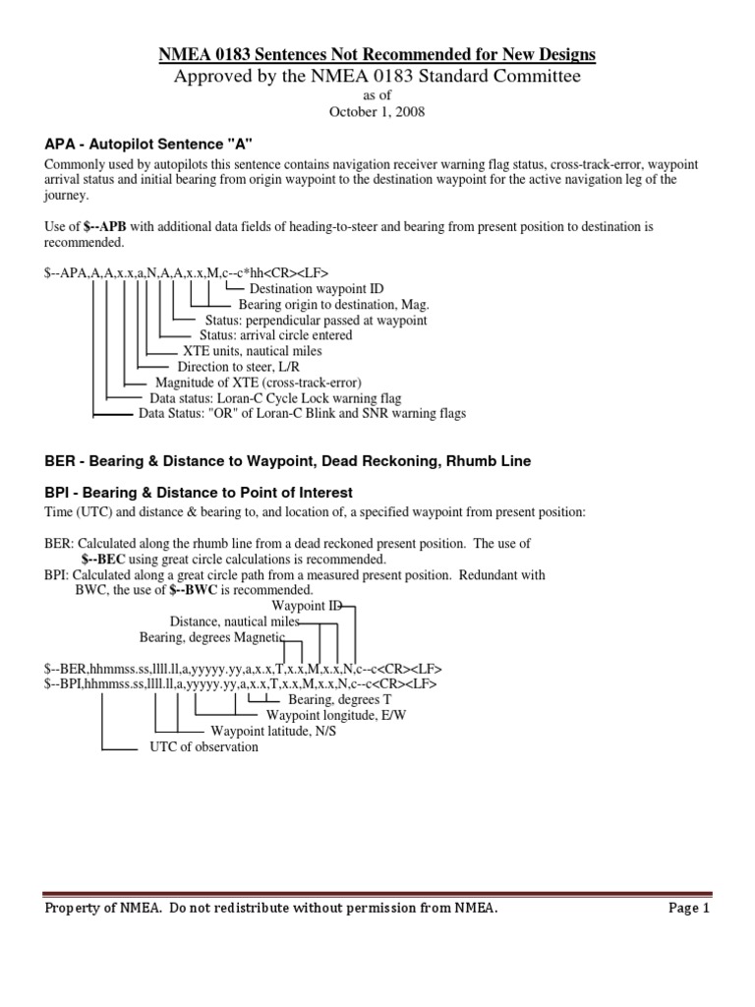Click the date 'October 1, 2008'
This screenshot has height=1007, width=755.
tap(377, 113)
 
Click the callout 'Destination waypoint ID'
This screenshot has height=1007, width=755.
tap(317, 288)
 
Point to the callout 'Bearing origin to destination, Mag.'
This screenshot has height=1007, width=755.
tap(326, 305)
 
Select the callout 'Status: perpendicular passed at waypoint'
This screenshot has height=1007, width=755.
tap(316, 321)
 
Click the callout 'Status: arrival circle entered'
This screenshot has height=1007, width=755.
tap(275, 335)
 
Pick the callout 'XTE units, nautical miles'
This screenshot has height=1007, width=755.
tap(252, 351)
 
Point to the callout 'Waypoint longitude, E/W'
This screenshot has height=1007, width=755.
tap(335, 715)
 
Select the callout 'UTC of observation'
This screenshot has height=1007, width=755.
tap(203, 746)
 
